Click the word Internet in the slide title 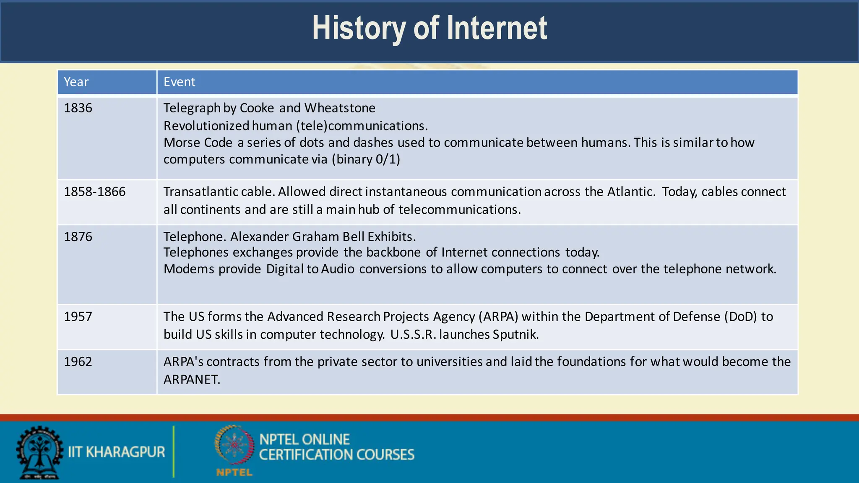coord(497,29)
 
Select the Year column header coord(76,82)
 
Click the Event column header coord(179,82)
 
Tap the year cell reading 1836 coord(78,108)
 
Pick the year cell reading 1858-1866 coord(95,192)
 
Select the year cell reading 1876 coord(78,237)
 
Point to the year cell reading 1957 coord(78,317)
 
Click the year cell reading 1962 coord(78,362)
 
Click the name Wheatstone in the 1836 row coord(340,108)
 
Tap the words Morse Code coord(198,143)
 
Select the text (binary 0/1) coord(366,159)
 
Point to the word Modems coord(189,269)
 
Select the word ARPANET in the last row coord(191,379)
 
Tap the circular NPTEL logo coord(234,445)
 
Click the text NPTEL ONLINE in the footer coord(305,439)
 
